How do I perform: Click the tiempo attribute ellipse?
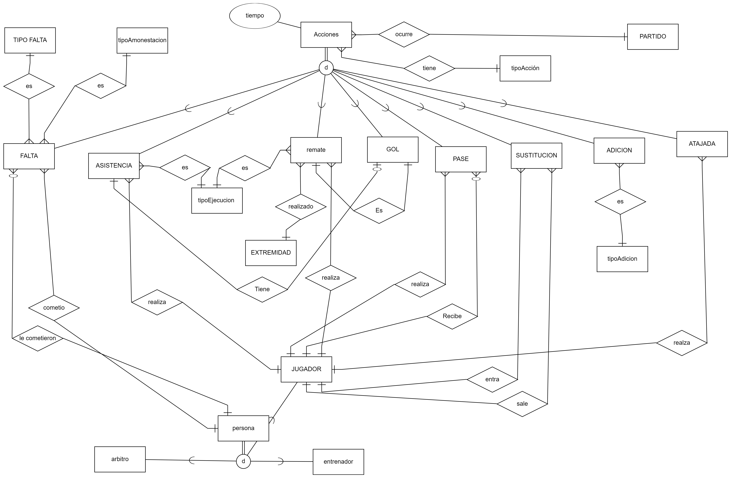[255, 16]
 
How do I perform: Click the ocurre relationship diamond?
[404, 34]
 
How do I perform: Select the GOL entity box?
[393, 150]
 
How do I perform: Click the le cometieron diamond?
[37, 338]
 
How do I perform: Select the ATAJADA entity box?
[702, 144]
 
